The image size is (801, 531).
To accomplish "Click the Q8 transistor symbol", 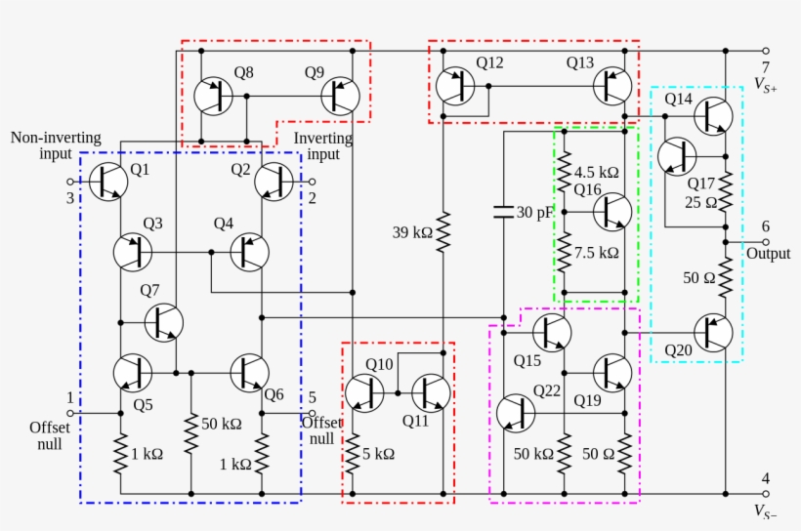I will pyautogui.click(x=212, y=96).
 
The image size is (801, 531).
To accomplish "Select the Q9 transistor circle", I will pyautogui.click(x=340, y=96).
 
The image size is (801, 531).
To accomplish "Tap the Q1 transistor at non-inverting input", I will pyautogui.click(x=108, y=182).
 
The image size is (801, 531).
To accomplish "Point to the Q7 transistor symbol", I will pyautogui.click(x=164, y=321).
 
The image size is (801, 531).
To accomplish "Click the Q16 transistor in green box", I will pyautogui.click(x=612, y=211).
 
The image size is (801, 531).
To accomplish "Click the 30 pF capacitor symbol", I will pyautogui.click(x=504, y=212).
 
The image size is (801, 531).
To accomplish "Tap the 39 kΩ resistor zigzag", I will pyautogui.click(x=443, y=232).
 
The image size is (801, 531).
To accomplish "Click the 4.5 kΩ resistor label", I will pyautogui.click(x=596, y=172).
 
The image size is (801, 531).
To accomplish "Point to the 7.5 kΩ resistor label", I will pyautogui.click(x=596, y=252).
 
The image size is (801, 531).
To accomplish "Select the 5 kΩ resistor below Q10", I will pyautogui.click(x=353, y=452).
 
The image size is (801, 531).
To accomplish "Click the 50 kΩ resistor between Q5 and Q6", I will pyautogui.click(x=190, y=425).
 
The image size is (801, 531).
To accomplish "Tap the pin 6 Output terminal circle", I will pyautogui.click(x=766, y=242).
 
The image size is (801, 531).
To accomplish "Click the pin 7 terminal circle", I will pyautogui.click(x=766, y=51).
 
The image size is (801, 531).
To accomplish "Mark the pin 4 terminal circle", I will pyautogui.click(x=766, y=494).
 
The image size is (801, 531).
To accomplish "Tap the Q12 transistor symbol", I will pyautogui.click(x=455, y=86).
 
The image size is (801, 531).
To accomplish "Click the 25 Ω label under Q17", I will pyautogui.click(x=700, y=203).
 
